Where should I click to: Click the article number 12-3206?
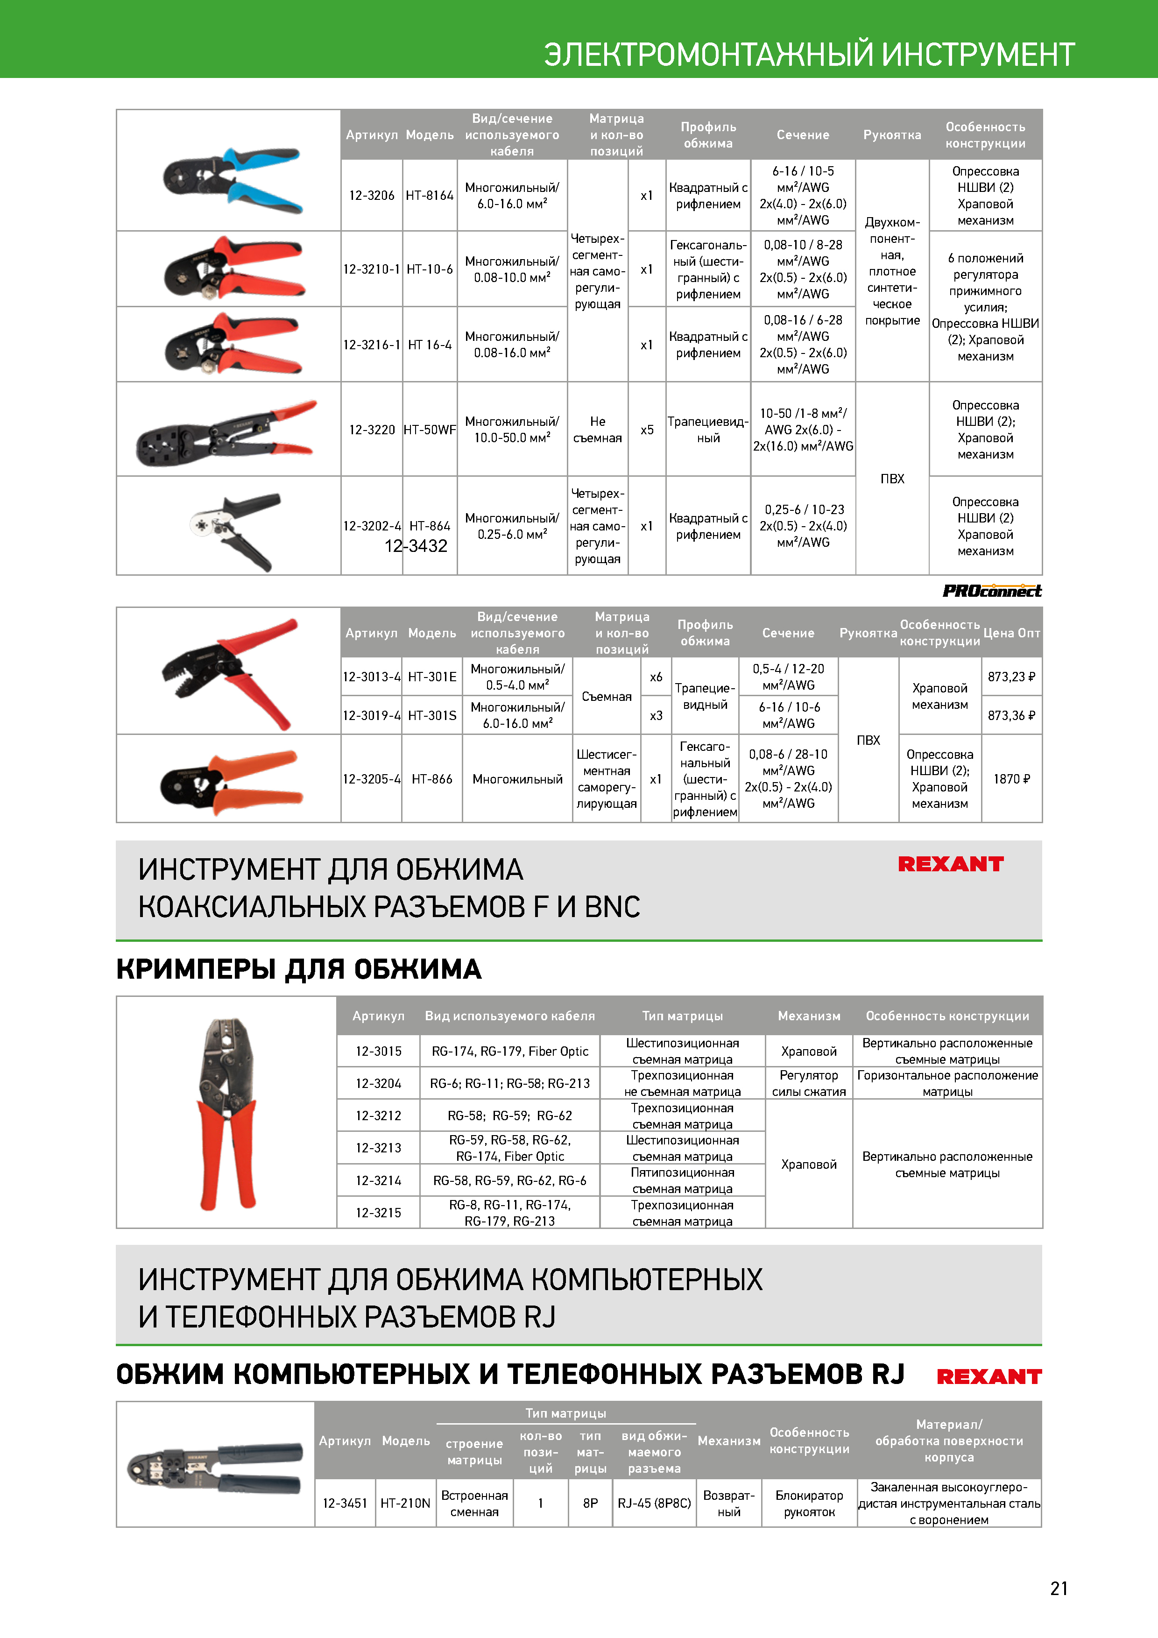[x=371, y=196]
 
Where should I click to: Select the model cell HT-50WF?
[x=430, y=430]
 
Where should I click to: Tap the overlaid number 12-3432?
[x=416, y=546]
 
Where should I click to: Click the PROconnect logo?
[x=992, y=591]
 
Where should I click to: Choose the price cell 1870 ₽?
[x=1011, y=779]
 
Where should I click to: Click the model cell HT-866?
[x=431, y=779]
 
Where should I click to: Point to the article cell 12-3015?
[x=378, y=1051]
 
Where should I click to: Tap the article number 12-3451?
[x=345, y=1503]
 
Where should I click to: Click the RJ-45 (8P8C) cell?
[x=654, y=1503]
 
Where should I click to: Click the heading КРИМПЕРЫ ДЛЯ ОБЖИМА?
[x=298, y=969]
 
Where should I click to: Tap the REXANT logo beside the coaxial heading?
[x=950, y=864]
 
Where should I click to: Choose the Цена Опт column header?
[x=1011, y=633]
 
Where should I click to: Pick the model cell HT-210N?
[x=405, y=1503]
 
